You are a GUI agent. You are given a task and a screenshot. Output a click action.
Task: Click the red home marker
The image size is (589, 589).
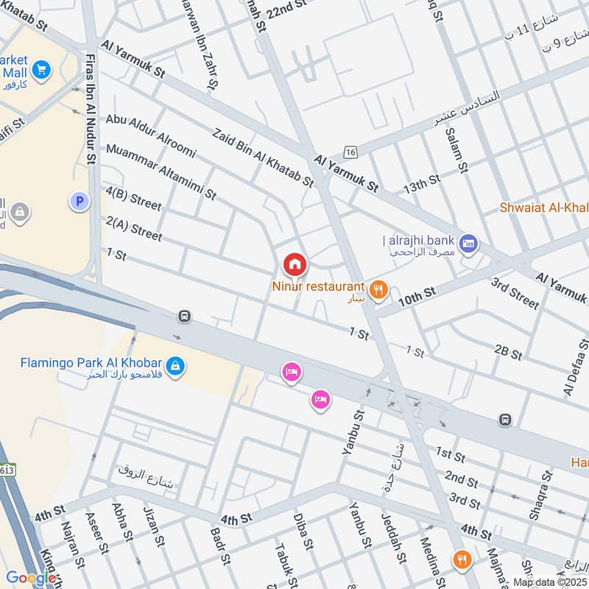click(294, 264)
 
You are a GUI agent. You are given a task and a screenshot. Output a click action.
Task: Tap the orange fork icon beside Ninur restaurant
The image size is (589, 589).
click(379, 290)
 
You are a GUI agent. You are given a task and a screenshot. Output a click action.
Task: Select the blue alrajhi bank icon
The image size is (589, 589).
click(468, 242)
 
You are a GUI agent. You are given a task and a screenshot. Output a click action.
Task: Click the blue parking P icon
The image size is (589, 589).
click(78, 200)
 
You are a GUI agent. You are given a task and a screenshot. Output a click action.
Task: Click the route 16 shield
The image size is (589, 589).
click(350, 152)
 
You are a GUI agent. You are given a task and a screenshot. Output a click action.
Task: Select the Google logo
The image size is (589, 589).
click(31, 578)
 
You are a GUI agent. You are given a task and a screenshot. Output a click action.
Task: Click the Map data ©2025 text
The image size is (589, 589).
click(550, 582)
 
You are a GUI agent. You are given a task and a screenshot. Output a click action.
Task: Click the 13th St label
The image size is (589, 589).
click(422, 184)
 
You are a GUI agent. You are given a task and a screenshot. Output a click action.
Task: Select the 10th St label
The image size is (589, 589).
click(417, 295)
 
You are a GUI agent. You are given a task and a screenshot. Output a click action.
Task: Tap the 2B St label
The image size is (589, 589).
click(508, 351)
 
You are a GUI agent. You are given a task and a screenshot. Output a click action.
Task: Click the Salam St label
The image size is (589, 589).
click(457, 151)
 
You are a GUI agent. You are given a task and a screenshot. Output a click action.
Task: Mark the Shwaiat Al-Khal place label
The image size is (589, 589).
click(545, 207)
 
